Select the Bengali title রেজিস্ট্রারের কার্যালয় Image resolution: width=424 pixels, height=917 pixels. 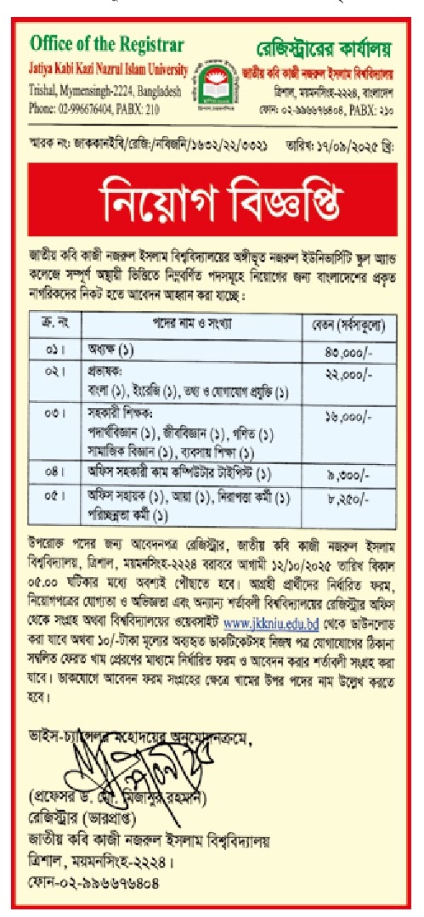(322, 42)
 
